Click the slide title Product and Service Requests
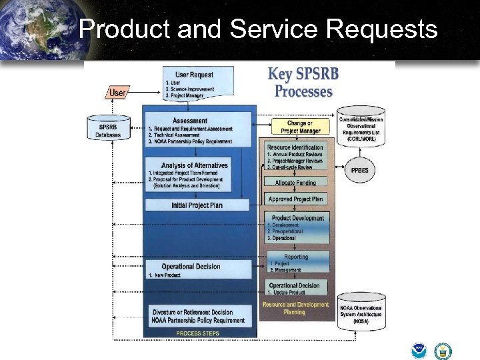[x=257, y=30]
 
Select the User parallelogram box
[x=117, y=93]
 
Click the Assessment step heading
[x=190, y=121]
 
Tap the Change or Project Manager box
[x=300, y=127]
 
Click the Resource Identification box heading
[x=295, y=147]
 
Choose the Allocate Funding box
[x=296, y=182]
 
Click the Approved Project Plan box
[x=296, y=199]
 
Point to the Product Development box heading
[x=298, y=218]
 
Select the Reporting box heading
[x=297, y=257]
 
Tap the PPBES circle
[x=360, y=170]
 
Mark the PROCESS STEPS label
[x=197, y=333]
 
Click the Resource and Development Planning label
[x=296, y=308]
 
